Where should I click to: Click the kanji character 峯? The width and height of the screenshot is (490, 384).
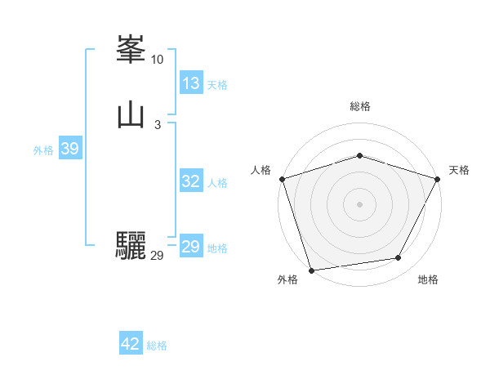tap(131, 50)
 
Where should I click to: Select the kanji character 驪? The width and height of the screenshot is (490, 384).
tap(131, 246)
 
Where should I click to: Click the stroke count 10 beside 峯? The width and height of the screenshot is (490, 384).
tap(157, 60)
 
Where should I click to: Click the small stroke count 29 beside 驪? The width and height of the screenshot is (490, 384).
tap(157, 256)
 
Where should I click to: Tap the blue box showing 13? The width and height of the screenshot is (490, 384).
tap(191, 83)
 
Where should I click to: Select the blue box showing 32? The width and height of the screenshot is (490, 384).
tap(191, 181)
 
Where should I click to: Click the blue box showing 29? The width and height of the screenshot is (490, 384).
tap(191, 247)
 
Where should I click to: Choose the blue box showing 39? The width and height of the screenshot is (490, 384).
tap(69, 149)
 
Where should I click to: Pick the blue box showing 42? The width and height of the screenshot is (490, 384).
tap(131, 344)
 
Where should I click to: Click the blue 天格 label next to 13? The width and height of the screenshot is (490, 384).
tap(217, 85)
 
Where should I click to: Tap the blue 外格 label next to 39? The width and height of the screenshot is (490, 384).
tap(43, 150)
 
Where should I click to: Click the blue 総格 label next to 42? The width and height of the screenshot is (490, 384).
tap(157, 346)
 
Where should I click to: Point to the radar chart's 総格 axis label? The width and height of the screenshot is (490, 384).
tap(359, 106)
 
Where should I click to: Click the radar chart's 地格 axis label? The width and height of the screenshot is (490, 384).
tap(428, 279)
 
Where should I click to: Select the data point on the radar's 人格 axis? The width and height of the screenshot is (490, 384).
tap(282, 178)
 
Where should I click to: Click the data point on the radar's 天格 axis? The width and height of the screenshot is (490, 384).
tap(438, 178)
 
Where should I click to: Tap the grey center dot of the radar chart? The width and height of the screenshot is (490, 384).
tap(359, 203)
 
